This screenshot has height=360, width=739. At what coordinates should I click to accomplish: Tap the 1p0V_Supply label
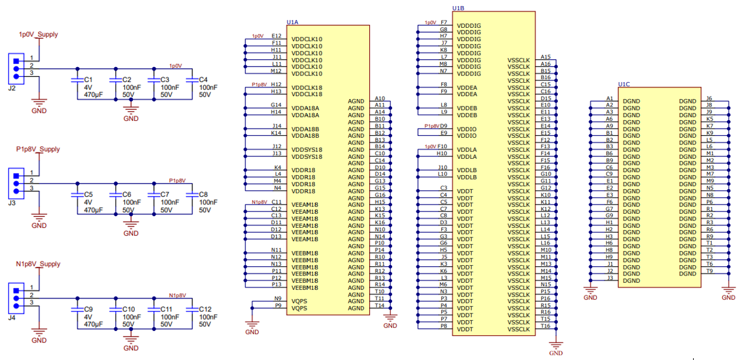coord(39,34)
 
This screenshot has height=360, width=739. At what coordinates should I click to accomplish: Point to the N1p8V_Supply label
coord(38,264)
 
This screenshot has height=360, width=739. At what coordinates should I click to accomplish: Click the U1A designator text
coord(292,22)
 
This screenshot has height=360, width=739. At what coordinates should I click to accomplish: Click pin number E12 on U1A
coord(276,36)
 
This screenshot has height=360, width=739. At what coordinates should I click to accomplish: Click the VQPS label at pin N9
coord(299,301)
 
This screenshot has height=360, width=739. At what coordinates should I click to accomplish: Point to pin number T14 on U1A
coord(379,305)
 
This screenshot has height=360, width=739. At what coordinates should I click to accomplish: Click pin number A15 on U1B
coord(546,57)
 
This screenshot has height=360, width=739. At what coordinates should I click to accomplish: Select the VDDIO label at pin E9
coord(467,135)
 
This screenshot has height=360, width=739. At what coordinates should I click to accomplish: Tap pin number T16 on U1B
coord(546,326)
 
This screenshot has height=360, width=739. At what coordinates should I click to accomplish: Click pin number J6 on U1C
coord(709,98)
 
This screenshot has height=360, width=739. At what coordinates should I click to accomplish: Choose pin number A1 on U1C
coord(609,98)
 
